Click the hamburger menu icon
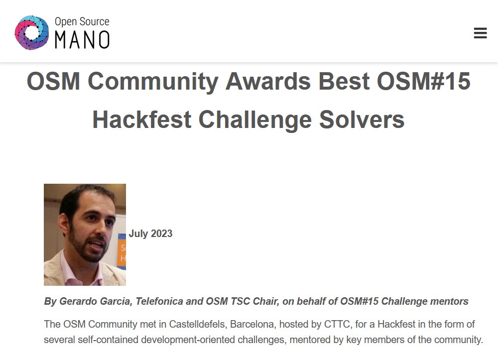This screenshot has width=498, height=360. pos(480,33)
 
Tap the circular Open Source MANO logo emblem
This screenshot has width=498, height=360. pos(32,32)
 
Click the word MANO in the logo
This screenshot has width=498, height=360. pos(82,40)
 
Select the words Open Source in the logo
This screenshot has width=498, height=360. pos(82,22)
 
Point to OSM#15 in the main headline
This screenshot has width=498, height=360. pos(423,81)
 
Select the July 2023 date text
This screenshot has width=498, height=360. pos(150,234)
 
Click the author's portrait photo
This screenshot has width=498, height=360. pos(85,235)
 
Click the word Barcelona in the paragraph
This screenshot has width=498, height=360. pos(251,324)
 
